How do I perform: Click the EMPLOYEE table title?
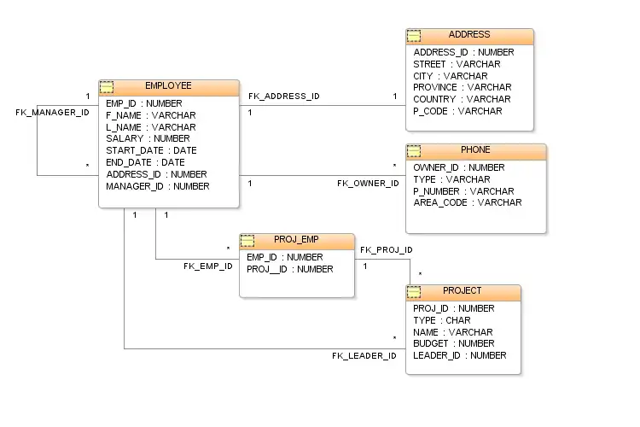tap(168, 86)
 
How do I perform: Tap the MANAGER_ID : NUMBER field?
tap(157, 186)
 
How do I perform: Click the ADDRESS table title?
tap(469, 35)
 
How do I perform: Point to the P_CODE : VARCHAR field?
tap(457, 111)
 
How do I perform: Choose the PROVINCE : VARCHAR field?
tap(462, 87)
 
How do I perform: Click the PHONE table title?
tap(475, 150)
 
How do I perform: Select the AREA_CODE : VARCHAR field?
tap(467, 203)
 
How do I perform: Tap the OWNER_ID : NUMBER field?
tap(458, 167)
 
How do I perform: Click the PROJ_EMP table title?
tap(296, 240)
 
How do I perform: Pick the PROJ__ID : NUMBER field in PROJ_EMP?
tap(289, 269)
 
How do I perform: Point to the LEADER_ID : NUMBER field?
tap(459, 355)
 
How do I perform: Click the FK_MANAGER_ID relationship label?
tap(52, 113)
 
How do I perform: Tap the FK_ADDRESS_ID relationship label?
tap(284, 97)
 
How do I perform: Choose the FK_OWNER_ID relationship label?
tap(368, 184)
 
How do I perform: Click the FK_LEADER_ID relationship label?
tap(364, 355)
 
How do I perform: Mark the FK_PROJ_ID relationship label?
tap(387, 250)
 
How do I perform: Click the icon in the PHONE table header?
tap(414, 151)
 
